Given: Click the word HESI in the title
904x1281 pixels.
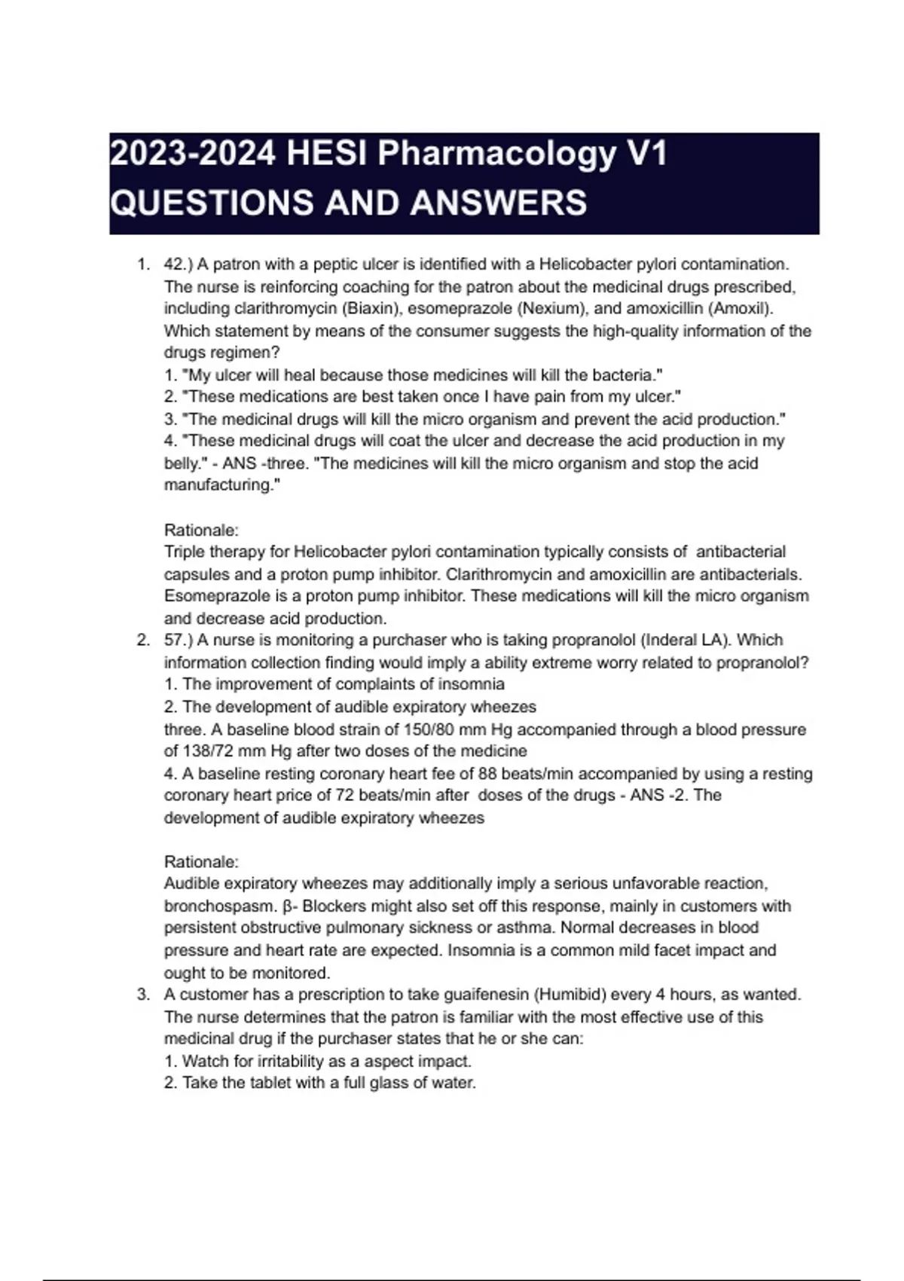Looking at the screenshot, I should tap(328, 154).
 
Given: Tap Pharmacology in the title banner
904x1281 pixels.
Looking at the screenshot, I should tap(496, 154).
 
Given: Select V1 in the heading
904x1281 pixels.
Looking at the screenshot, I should tap(646, 154).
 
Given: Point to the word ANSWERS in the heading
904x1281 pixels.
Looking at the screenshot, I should tap(499, 203).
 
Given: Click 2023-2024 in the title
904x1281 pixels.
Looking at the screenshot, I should tap(193, 154).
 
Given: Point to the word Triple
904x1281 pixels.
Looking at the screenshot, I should tap(185, 552).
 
